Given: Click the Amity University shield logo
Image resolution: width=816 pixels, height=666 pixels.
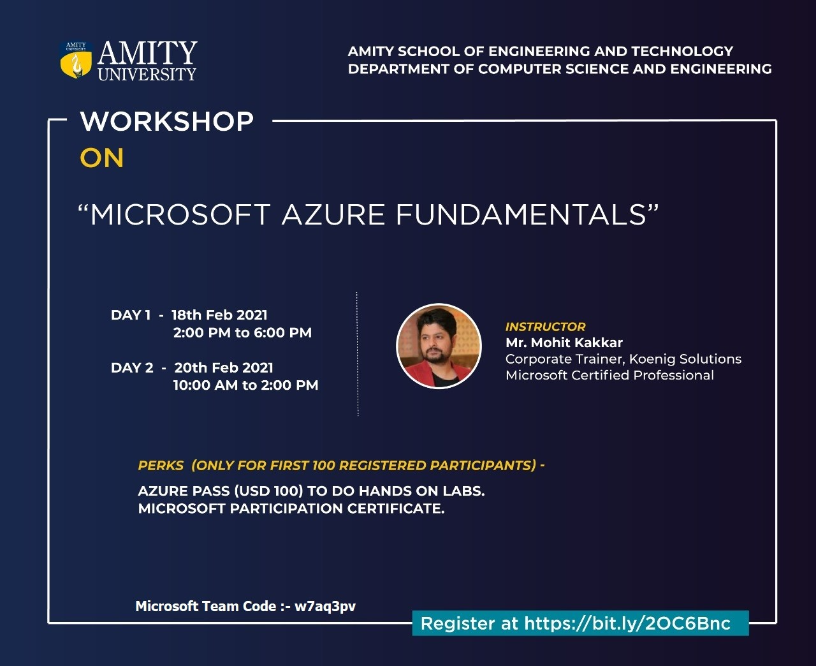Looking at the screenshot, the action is coord(76,59).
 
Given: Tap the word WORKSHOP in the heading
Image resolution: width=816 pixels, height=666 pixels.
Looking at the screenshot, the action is coord(167,121).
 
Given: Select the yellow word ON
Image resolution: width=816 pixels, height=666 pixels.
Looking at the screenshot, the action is coord(102,158).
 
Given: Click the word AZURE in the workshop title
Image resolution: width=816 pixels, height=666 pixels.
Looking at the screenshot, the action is coord(333,214).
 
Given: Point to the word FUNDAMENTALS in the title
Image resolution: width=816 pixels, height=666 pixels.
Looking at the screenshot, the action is coord(521,214).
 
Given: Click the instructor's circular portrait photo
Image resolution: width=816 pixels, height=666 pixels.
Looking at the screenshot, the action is coord(439,346).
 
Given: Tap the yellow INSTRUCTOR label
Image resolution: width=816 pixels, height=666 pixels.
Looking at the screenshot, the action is coord(546,327).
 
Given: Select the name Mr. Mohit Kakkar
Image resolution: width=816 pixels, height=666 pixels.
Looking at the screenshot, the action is coord(564,343).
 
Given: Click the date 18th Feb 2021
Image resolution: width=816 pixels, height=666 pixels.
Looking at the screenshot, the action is coord(219,314).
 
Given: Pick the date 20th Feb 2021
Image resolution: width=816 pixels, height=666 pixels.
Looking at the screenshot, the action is coord(224,367).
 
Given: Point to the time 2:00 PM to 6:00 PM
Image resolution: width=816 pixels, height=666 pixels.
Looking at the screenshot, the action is coord(242,332).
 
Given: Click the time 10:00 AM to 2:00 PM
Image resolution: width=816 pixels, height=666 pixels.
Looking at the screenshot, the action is coord(245,385).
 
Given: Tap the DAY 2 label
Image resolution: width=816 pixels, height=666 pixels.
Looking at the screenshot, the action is coord(132,367).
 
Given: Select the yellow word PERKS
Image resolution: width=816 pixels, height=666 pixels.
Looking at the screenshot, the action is coord(161,465).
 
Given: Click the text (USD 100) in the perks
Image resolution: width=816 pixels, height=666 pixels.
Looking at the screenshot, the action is coord(268,491).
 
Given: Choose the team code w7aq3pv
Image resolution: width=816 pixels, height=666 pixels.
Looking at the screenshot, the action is coord(325,607).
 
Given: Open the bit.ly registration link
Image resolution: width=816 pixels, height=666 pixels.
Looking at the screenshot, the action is coord(627,623).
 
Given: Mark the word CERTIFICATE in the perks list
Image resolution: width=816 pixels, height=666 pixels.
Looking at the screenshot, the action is coord(396,508).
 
